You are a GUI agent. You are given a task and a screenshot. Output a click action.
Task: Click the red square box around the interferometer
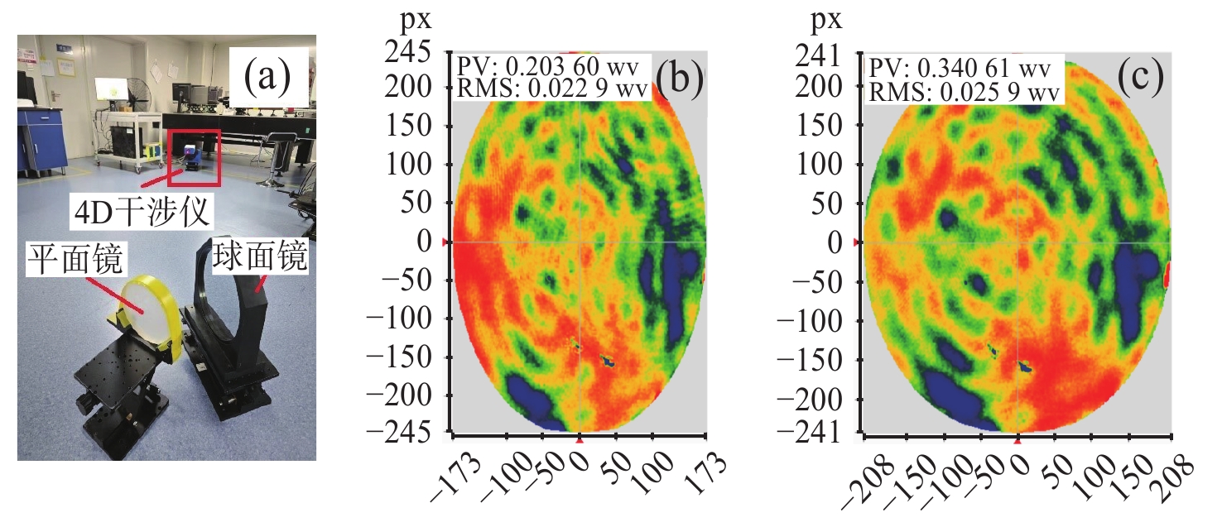(194, 157)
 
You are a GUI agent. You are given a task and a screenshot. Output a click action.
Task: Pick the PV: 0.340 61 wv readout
(960, 66)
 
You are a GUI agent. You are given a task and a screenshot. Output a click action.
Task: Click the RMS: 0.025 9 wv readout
(962, 92)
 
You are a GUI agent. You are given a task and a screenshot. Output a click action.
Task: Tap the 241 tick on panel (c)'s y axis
(822, 55)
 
